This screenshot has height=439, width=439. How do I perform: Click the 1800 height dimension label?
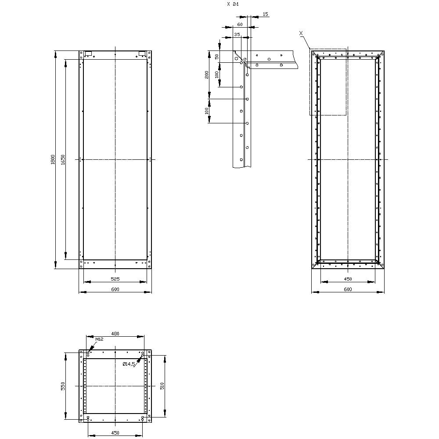pos(52,159)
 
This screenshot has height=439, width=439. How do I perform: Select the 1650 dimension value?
pos(63,159)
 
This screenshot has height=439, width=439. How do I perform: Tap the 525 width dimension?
pos(115,279)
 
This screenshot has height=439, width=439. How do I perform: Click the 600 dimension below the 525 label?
pos(115,289)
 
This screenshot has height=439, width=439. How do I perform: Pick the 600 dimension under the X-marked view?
pos(348,289)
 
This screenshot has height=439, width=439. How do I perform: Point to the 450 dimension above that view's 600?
pos(348,279)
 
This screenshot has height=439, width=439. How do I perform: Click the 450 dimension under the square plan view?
pos(115,433)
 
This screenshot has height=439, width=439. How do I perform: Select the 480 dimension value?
pos(115,334)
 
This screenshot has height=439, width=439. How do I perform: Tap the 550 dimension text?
pos(63,385)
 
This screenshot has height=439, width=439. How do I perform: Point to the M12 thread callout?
pos(99,339)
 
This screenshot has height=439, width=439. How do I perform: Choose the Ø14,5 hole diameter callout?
pos(129,364)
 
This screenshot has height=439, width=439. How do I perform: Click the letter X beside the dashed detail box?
pos(301,33)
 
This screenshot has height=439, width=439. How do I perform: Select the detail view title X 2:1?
pos(233,4)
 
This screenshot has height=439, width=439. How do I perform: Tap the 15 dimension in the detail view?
pos(265,14)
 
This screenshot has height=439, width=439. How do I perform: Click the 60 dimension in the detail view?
pos(240,25)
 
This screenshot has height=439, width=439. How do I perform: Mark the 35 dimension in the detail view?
pos(237,34)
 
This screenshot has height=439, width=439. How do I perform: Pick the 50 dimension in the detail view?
pos(217,57)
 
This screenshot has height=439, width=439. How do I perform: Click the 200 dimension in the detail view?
pos(207,75)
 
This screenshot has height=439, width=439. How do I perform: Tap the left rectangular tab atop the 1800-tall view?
pos(89,54)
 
